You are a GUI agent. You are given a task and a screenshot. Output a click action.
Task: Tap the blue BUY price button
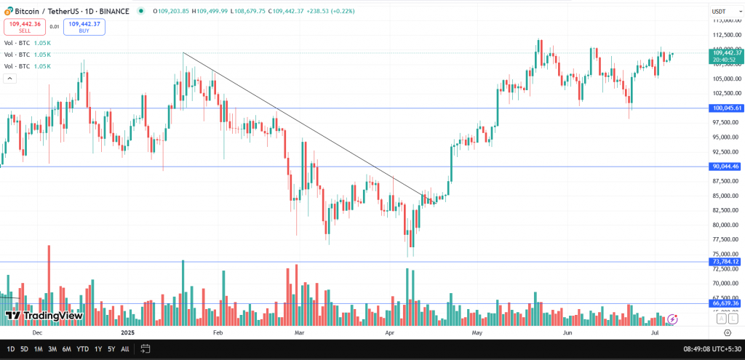tap(84, 27)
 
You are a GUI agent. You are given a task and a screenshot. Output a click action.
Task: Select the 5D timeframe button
tap(24, 349)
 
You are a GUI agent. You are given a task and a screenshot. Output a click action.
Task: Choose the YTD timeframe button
tap(82, 349)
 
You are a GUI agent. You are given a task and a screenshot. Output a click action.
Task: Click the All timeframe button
tap(125, 349)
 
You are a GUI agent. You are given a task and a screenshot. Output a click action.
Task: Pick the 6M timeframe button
tap(66, 349)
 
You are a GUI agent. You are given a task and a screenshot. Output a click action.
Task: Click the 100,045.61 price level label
tap(727, 108)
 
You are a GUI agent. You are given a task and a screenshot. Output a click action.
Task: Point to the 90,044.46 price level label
tap(727, 167)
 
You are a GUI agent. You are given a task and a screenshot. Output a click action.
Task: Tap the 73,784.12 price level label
tap(727, 262)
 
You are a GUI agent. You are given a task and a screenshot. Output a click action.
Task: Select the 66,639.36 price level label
tap(727, 303)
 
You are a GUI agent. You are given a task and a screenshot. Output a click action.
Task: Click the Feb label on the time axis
tap(217, 332)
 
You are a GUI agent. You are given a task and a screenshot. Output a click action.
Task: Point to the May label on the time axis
tap(477, 332)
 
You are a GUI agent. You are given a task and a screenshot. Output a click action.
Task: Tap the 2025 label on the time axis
tap(128, 332)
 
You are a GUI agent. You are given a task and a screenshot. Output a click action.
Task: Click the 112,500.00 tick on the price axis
tap(727, 35)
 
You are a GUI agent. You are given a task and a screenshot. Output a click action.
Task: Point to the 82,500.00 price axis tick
tap(727, 210)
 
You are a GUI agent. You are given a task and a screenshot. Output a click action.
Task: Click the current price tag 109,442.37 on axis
tap(727, 53)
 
